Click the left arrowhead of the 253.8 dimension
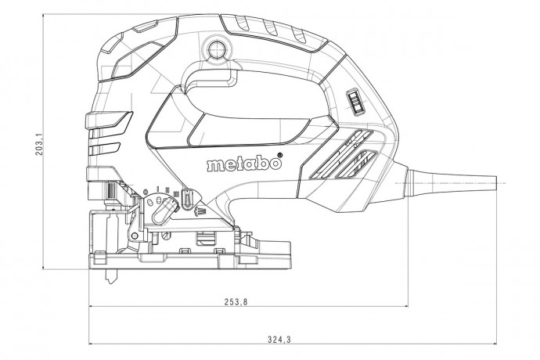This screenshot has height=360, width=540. (x=93, y=308)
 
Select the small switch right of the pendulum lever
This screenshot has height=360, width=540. (x=188, y=203)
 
